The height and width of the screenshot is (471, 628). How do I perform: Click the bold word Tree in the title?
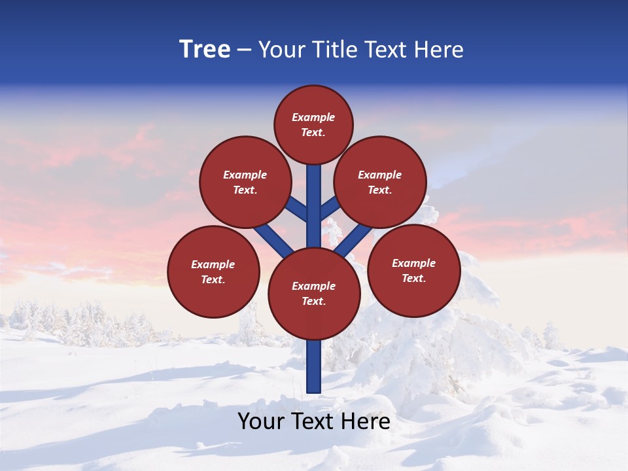click(205, 50)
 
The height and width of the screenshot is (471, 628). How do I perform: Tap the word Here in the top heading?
click(439, 50)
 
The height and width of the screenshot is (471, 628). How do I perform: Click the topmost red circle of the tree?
click(313, 124)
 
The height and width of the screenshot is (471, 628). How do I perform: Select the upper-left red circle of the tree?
click(245, 182)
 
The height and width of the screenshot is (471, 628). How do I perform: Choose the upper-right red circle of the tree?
click(380, 182)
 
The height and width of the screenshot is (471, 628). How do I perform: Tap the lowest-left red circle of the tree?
click(213, 271)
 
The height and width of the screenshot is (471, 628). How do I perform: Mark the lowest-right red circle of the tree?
click(414, 270)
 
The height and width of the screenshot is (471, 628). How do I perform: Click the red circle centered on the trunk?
click(314, 294)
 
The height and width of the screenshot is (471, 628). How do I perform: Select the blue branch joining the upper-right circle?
click(330, 209)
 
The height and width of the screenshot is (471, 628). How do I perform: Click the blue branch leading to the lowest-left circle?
click(273, 239)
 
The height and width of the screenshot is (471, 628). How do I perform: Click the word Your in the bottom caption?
click(260, 421)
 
